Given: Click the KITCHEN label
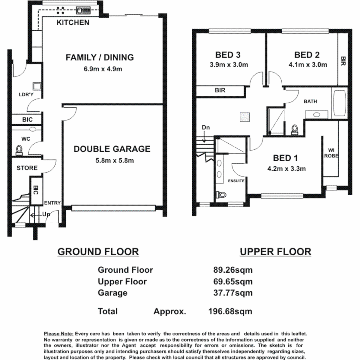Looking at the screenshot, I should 73,23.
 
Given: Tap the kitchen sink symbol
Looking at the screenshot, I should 83,10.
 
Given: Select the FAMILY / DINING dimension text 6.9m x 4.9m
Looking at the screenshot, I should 100,70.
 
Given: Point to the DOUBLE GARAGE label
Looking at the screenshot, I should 112,149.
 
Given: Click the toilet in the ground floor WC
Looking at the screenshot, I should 19,150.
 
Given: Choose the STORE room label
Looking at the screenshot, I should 27,168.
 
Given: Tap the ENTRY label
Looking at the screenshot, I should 52,203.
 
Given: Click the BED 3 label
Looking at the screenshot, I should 228,55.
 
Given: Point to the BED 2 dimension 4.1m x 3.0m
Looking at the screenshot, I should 308,65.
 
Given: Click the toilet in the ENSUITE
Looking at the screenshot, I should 221,194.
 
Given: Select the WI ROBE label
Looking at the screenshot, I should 331,152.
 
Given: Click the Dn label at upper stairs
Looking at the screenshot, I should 206,128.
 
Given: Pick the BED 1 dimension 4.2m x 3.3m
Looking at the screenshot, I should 286,169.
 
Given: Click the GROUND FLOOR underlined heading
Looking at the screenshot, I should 98,252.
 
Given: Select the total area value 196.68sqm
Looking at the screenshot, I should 230,312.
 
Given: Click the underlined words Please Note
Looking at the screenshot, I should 58,334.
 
